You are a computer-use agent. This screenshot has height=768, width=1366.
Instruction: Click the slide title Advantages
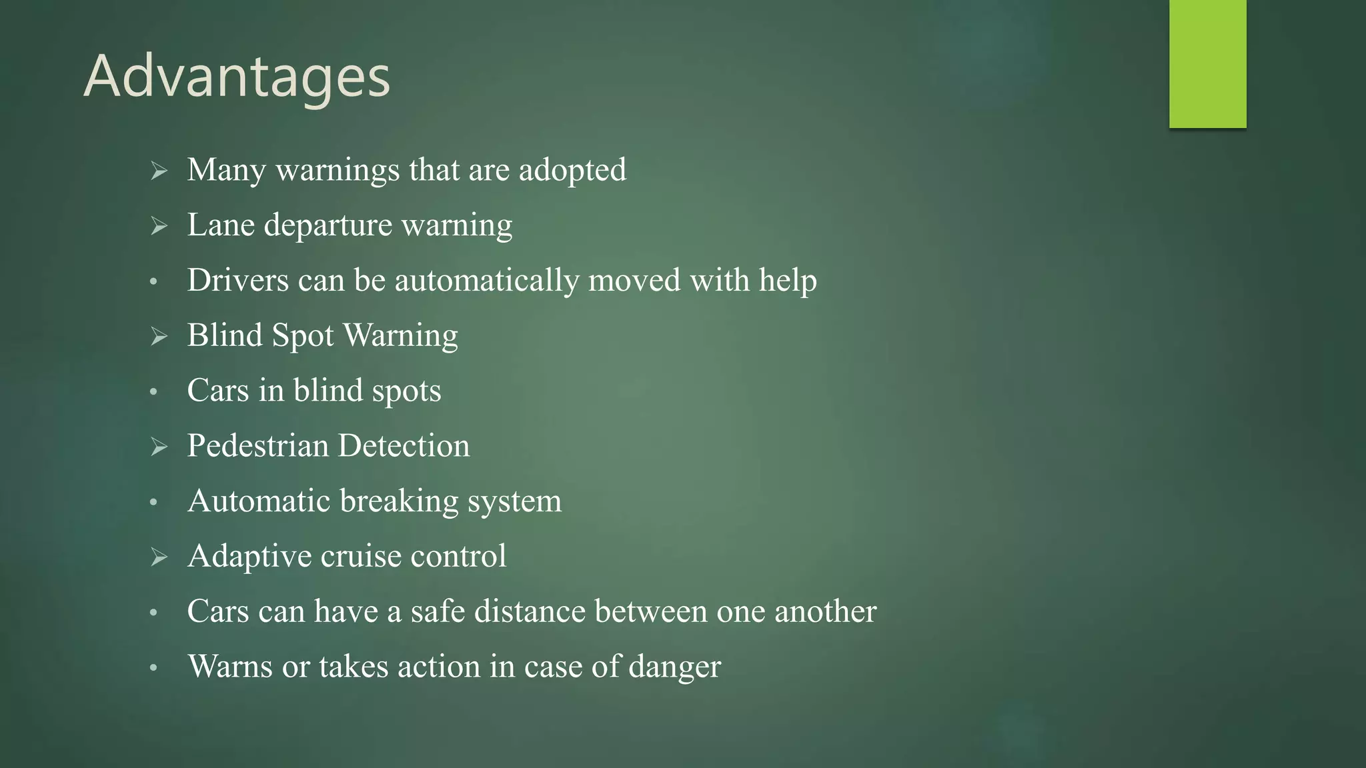(x=237, y=77)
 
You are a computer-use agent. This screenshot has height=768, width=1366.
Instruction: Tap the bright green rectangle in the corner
(x=1207, y=63)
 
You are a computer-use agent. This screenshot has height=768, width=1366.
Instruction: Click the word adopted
(x=572, y=170)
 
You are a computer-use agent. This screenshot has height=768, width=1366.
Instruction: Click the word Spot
(x=303, y=336)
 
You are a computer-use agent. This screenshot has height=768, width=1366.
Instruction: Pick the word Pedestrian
(x=258, y=445)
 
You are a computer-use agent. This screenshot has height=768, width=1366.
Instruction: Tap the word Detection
(x=404, y=445)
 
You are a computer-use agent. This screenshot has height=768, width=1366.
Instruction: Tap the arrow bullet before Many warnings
(x=159, y=171)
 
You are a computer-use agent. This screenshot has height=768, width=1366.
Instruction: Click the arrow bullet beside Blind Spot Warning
(x=159, y=336)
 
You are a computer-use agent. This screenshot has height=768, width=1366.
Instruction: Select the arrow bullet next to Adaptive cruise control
(x=159, y=557)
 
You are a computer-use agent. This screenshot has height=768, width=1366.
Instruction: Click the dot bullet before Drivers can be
(x=153, y=282)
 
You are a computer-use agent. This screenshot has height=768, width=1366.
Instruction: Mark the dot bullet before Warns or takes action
(x=153, y=667)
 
